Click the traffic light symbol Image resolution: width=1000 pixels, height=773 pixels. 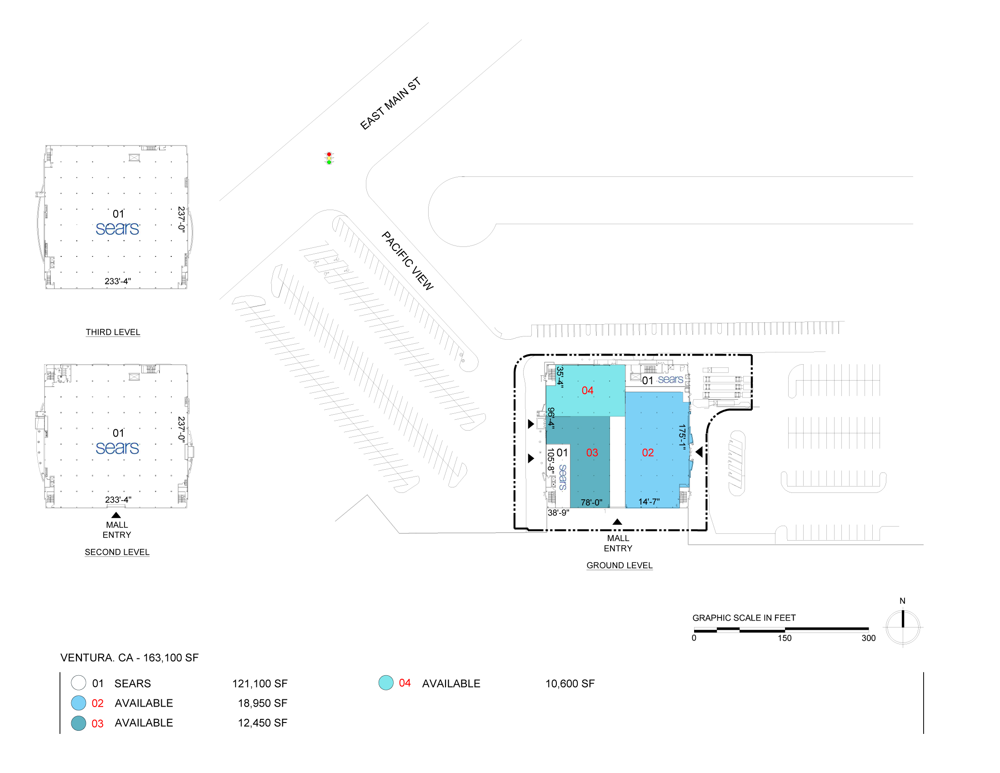pos(329,158)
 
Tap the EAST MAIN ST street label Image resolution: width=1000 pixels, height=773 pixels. pos(390,104)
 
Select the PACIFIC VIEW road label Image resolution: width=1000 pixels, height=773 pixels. pos(408,261)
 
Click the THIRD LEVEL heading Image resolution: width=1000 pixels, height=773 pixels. pos(113,332)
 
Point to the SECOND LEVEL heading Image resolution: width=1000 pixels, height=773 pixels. pos(117,552)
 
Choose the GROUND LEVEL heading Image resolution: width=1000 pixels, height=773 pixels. pos(620,565)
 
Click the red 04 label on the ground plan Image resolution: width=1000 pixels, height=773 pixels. pos(587,390)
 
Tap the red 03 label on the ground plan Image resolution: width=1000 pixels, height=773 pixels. pos(592,452)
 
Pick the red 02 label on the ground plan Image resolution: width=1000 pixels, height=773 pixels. pos(648,452)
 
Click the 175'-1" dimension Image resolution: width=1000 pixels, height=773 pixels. pos(682,438)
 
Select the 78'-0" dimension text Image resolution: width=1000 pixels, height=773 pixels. pos(591,502)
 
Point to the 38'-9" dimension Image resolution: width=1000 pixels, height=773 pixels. pos(559,512)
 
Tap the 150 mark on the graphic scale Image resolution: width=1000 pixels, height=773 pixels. pos(785,638)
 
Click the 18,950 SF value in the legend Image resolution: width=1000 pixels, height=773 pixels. pos(262,703)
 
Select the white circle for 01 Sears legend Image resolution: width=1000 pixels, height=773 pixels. pos(79,683)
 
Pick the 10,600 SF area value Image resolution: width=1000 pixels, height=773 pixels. pos(570,683)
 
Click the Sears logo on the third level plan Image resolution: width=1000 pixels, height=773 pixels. pos(118,229)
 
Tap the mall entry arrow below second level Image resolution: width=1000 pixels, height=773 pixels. pos(116,515)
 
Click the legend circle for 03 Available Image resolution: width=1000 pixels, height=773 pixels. pos(79,723)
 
